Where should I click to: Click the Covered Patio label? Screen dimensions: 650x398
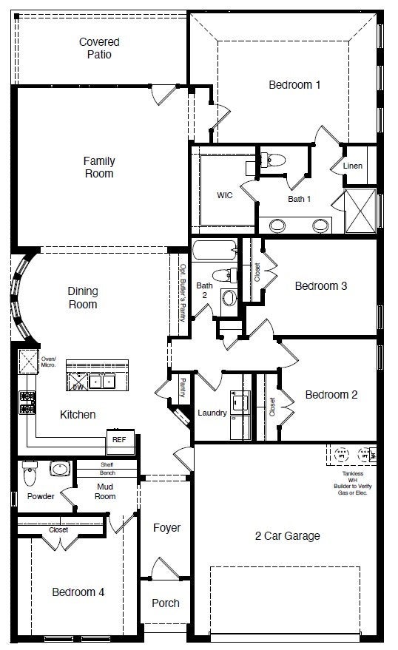(x=99, y=48)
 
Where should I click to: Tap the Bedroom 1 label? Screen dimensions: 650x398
(x=294, y=85)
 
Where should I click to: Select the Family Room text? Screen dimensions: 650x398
(x=98, y=167)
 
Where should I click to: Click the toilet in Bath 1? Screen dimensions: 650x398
(x=275, y=159)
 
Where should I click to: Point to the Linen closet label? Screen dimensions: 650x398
(x=353, y=166)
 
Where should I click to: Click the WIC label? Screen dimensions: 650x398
(x=225, y=196)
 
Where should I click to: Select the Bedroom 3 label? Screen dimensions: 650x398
(x=320, y=285)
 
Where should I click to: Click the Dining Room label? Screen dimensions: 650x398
(x=83, y=297)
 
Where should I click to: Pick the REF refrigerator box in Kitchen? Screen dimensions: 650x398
(x=119, y=439)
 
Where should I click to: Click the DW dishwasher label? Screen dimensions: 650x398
(x=77, y=386)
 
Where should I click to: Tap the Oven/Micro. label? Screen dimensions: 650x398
(x=49, y=362)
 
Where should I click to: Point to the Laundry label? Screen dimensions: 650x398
(x=212, y=413)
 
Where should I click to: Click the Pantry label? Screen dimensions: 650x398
(x=183, y=387)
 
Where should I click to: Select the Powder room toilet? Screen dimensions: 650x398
(x=30, y=470)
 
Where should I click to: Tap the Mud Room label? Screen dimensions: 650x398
(x=105, y=491)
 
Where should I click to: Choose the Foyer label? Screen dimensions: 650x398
(x=166, y=528)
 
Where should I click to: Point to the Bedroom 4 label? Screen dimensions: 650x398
(x=78, y=592)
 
